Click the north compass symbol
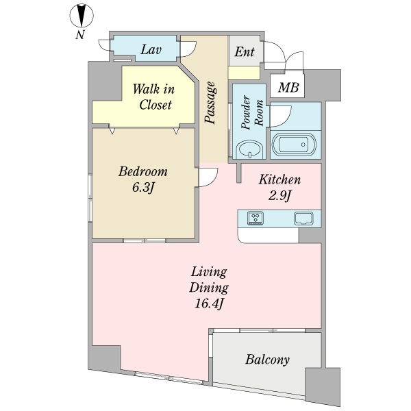pyautogui.click(x=82, y=16)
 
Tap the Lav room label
pyautogui.click(x=151, y=50)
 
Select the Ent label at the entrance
pyautogui.click(x=245, y=51)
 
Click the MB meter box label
pyautogui.click(x=288, y=87)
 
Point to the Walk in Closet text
pyautogui.click(x=154, y=97)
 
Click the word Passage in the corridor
pyautogui.click(x=211, y=103)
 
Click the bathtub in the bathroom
pyautogui.click(x=294, y=144)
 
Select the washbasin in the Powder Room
pyautogui.click(x=249, y=150)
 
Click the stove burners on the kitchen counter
pyautogui.click(x=256, y=218)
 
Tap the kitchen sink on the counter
pyautogui.click(x=303, y=219)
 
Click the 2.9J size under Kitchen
pyautogui.click(x=279, y=195)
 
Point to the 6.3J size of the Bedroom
pyautogui.click(x=142, y=188)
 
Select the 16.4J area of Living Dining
pyautogui.click(x=209, y=303)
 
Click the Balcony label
pyautogui.click(x=267, y=360)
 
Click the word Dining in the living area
pyautogui.click(x=209, y=288)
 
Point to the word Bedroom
pyautogui.click(x=143, y=172)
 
